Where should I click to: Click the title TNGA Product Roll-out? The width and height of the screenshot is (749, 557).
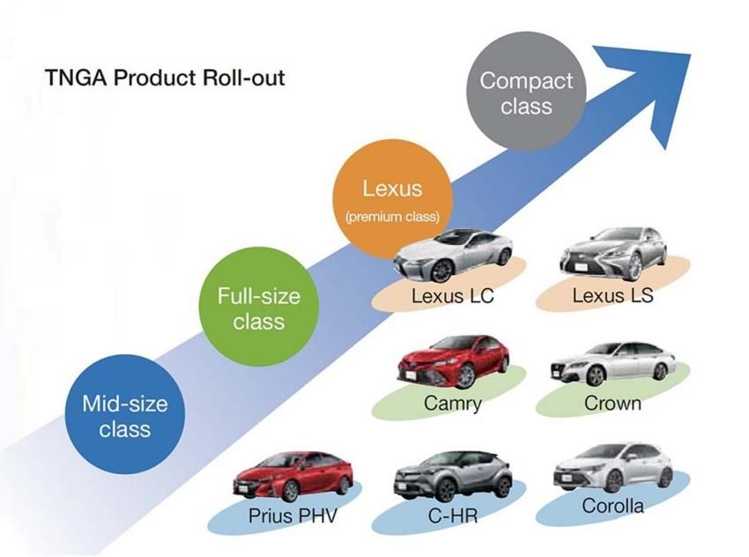[165, 78]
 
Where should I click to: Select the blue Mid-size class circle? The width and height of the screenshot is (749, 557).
[124, 415]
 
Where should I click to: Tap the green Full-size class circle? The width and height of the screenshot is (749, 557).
[258, 308]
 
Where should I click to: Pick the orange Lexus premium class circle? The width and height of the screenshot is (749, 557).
[392, 199]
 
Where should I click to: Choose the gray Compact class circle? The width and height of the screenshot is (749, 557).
[527, 93]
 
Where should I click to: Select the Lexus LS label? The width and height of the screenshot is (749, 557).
[612, 295]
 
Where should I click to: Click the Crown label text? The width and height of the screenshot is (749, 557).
[612, 404]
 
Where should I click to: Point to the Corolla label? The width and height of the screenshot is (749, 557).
[612, 507]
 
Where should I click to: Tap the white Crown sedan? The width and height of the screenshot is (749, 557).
[612, 362]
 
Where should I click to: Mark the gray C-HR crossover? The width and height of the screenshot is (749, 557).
[452, 474]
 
